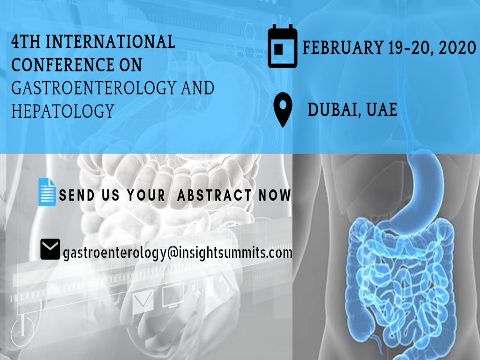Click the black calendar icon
(283, 46)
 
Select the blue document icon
(46, 192)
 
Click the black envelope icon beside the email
(50, 249)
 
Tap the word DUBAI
(332, 110)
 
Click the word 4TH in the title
(25, 43)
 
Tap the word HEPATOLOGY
(62, 111)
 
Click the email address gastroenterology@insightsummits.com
(177, 253)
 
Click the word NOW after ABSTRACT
(275, 195)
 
